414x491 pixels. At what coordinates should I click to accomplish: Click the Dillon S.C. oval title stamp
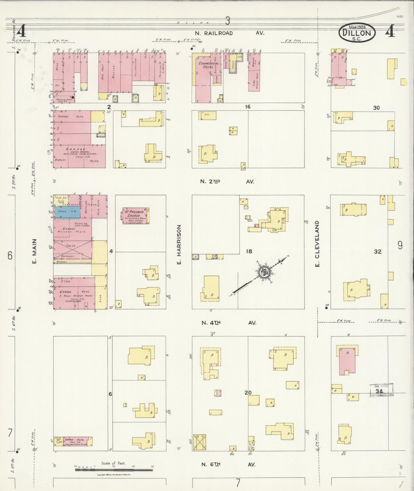(x=357, y=33)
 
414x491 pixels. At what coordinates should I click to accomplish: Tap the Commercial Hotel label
(x=208, y=65)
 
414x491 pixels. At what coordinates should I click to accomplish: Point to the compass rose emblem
(x=264, y=272)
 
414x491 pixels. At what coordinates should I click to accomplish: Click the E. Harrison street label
(x=179, y=244)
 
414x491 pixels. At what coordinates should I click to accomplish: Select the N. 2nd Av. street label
(x=227, y=181)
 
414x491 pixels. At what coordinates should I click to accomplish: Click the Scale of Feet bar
(x=114, y=470)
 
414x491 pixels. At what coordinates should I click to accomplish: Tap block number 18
(x=249, y=251)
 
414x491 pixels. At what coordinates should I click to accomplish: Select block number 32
(x=378, y=252)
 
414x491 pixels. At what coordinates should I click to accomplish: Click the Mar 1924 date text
(x=357, y=27)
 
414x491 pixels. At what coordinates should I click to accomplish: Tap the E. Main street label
(x=35, y=251)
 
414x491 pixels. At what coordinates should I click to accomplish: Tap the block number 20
(x=248, y=392)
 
